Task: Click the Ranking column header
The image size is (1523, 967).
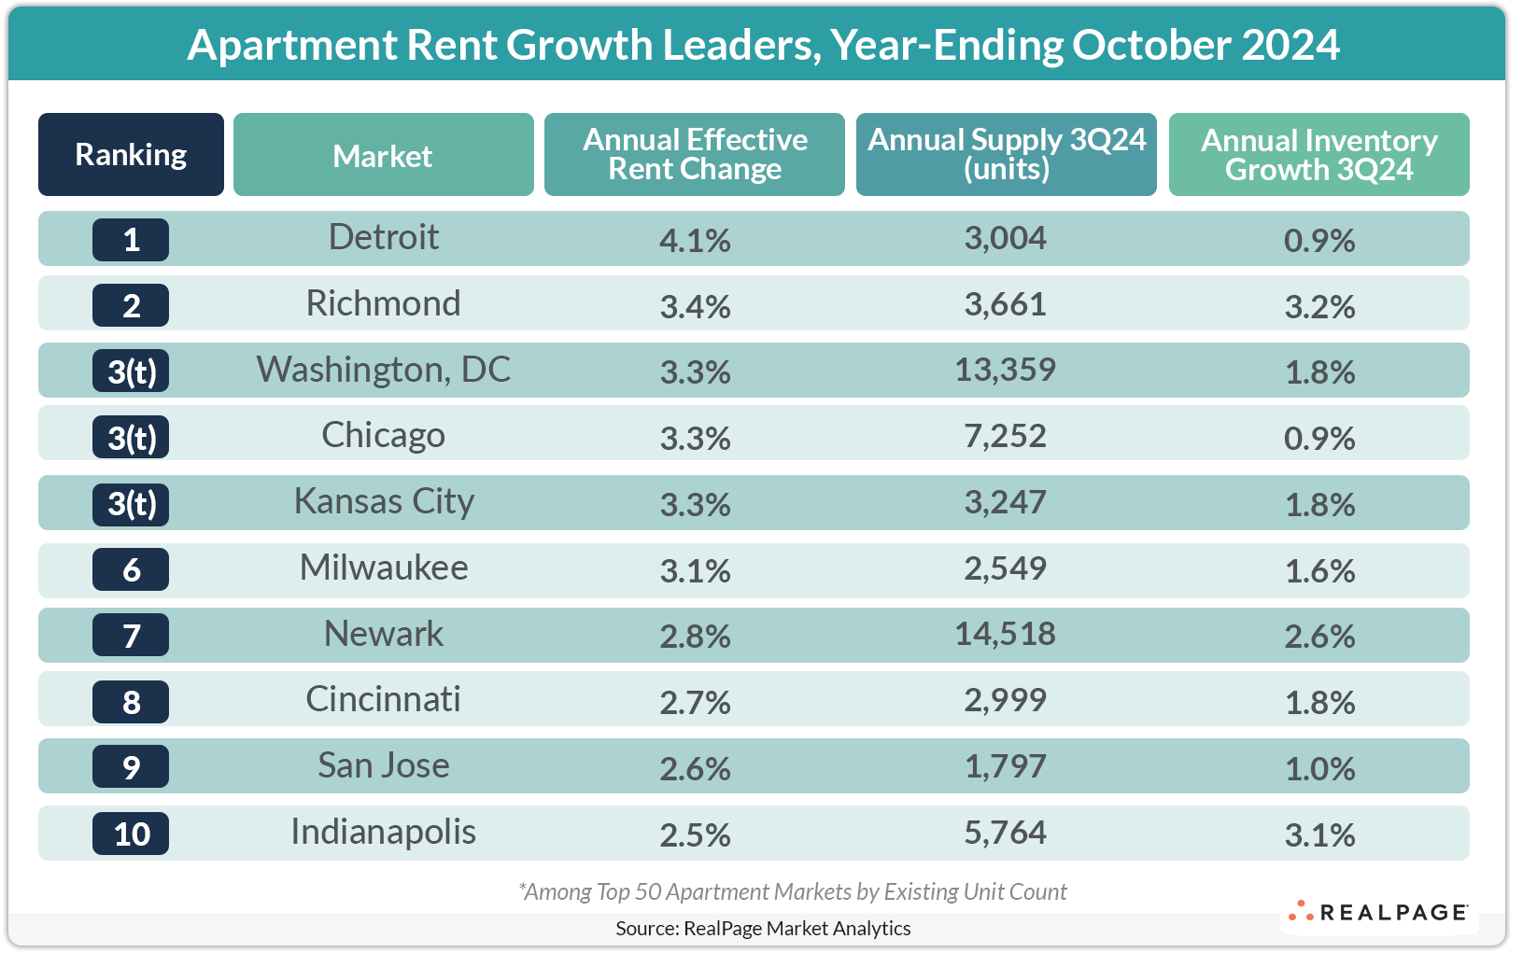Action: point(131,155)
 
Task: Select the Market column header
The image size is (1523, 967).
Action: point(383,156)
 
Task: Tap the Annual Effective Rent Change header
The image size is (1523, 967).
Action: point(695,155)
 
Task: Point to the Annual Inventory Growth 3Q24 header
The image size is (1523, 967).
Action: point(1319,155)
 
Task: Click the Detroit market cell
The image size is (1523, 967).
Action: point(384,238)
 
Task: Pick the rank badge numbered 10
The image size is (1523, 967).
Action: point(131,834)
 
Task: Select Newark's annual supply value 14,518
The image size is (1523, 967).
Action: point(1005,635)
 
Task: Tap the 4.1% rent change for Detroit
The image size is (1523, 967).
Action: point(695,241)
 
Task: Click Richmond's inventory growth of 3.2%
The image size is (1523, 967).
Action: point(1319,307)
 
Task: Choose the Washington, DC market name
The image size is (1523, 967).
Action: point(384,371)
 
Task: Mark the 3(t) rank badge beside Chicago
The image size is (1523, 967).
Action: point(131,438)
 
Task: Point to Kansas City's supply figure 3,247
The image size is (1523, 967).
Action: point(1005,503)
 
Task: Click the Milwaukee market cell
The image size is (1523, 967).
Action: point(384,568)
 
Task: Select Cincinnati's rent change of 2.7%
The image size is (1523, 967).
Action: point(695,703)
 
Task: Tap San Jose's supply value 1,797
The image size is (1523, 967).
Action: point(1005,767)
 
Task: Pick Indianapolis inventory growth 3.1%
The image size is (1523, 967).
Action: point(1319,835)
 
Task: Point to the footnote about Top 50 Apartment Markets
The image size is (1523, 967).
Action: point(792,892)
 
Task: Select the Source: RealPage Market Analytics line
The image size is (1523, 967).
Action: point(763,929)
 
